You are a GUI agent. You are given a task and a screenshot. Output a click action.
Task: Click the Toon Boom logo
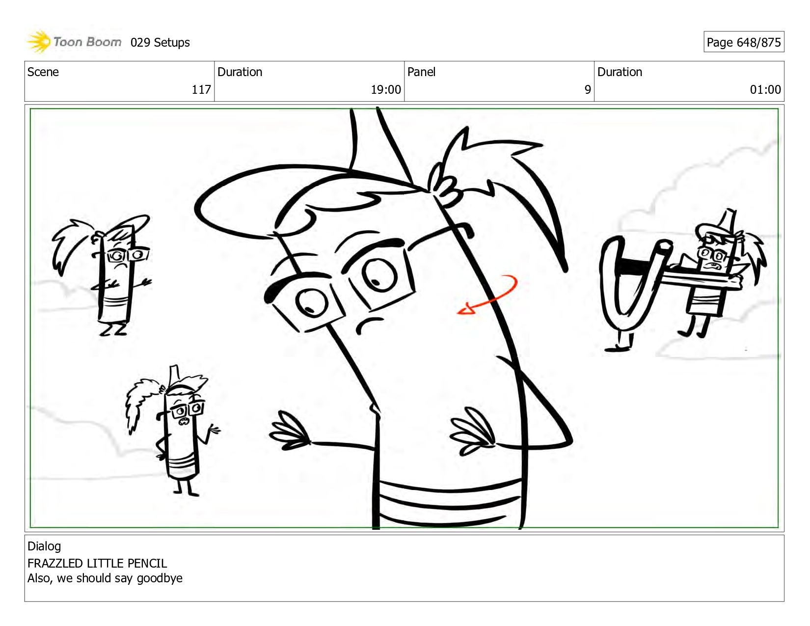(74, 42)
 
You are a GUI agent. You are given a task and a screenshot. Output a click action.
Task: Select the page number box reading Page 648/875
(744, 42)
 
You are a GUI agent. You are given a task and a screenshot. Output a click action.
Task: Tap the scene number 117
(201, 89)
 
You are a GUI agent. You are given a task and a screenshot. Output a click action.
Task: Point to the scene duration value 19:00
(386, 89)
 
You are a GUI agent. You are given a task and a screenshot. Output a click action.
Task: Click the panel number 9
(588, 89)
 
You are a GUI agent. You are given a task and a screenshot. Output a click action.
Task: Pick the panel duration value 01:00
(765, 89)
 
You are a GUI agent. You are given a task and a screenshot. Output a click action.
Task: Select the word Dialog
(44, 546)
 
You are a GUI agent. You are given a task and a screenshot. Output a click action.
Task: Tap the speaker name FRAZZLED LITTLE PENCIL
(97, 563)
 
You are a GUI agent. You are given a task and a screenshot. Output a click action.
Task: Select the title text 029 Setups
(160, 43)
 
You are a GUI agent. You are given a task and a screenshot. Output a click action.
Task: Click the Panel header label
(421, 72)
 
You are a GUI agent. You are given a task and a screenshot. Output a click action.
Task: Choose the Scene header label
(43, 72)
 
